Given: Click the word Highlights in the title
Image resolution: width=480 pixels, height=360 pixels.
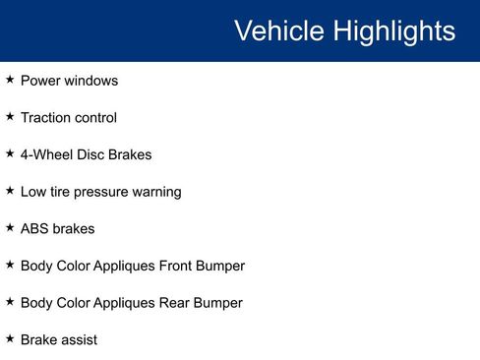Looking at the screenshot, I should click(x=391, y=31).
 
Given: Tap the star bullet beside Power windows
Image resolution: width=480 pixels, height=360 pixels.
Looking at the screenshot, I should click(x=10, y=80).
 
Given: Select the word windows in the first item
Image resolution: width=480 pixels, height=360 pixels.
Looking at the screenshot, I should click(x=92, y=81).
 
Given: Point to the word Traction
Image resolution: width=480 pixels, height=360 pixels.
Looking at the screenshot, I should click(x=45, y=118).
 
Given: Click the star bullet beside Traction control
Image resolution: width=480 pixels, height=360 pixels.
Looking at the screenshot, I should click(x=10, y=117).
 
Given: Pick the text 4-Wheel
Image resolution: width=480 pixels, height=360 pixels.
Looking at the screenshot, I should click(x=47, y=154).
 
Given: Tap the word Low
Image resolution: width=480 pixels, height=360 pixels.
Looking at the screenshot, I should click(x=32, y=192).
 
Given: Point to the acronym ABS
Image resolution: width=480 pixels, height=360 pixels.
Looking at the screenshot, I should click(x=34, y=228).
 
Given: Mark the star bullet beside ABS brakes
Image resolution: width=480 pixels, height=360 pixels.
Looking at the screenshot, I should click(x=10, y=227).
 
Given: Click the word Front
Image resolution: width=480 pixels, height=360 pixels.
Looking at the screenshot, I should click(x=178, y=266).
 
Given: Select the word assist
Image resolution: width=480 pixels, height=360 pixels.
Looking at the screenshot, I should click(x=80, y=339).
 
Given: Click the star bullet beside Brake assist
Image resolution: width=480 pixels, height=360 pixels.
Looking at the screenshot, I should click(x=10, y=338).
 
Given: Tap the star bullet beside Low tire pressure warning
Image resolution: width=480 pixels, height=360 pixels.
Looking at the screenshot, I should click(x=10, y=191).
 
